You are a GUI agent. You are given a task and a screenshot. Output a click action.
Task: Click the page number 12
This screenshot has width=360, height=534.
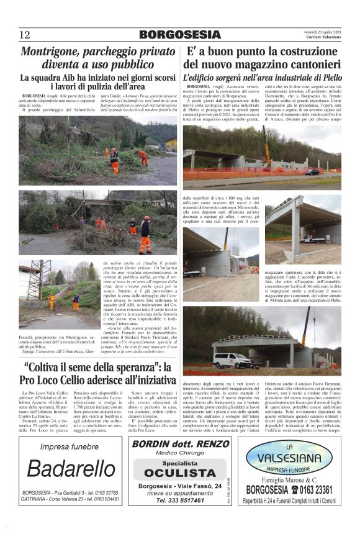click(25, 35)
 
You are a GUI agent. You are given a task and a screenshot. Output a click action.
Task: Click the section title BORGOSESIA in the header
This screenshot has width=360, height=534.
click(180, 35)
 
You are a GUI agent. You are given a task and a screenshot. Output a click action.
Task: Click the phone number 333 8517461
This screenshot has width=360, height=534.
click(180, 499)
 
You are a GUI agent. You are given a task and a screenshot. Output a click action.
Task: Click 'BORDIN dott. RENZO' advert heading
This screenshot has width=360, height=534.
click(179, 445)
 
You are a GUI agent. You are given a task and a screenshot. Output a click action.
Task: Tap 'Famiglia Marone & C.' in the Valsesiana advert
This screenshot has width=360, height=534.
click(289, 480)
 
